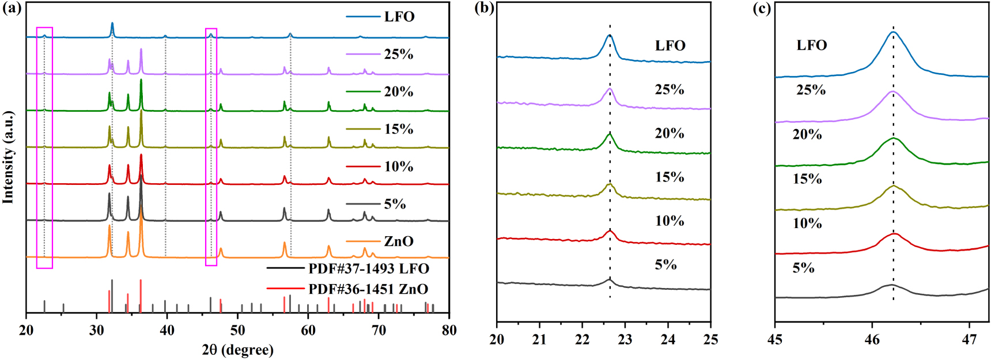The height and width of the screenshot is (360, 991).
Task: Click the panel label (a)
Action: pyautogui.click(x=12, y=8)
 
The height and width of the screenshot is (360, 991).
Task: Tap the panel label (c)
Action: pyautogui.click(x=762, y=8)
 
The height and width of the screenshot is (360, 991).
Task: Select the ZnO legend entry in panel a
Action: pyautogui.click(x=398, y=241)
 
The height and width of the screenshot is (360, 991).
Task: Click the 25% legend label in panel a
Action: pyautogui.click(x=398, y=54)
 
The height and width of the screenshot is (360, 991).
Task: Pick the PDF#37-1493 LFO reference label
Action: pyautogui.click(x=368, y=269)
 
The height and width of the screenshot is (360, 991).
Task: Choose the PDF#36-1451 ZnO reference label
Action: pyautogui.click(x=368, y=289)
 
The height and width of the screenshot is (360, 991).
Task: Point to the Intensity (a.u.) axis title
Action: pyautogui.click(x=8, y=157)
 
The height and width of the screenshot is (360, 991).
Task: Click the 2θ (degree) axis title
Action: pyautogui.click(x=237, y=350)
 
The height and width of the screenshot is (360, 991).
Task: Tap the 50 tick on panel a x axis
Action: pyautogui.click(x=237, y=330)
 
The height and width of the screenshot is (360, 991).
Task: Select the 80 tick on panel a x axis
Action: pyautogui.click(x=449, y=330)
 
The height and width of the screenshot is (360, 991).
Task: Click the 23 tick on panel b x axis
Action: pyautogui.click(x=625, y=339)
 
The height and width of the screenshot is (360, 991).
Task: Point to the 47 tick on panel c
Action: pyautogui.click(x=969, y=339)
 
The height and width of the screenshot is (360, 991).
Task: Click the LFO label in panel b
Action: pyautogui.click(x=670, y=46)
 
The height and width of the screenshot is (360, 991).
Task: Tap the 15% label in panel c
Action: pyautogui.click(x=807, y=179)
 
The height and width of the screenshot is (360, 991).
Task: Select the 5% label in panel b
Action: pyautogui.click(x=665, y=265)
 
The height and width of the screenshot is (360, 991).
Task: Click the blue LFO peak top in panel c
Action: pyautogui.click(x=893, y=32)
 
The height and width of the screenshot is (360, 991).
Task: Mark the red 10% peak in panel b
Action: pyautogui.click(x=610, y=231)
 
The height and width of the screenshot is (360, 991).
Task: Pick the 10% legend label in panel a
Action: pyautogui.click(x=398, y=166)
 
